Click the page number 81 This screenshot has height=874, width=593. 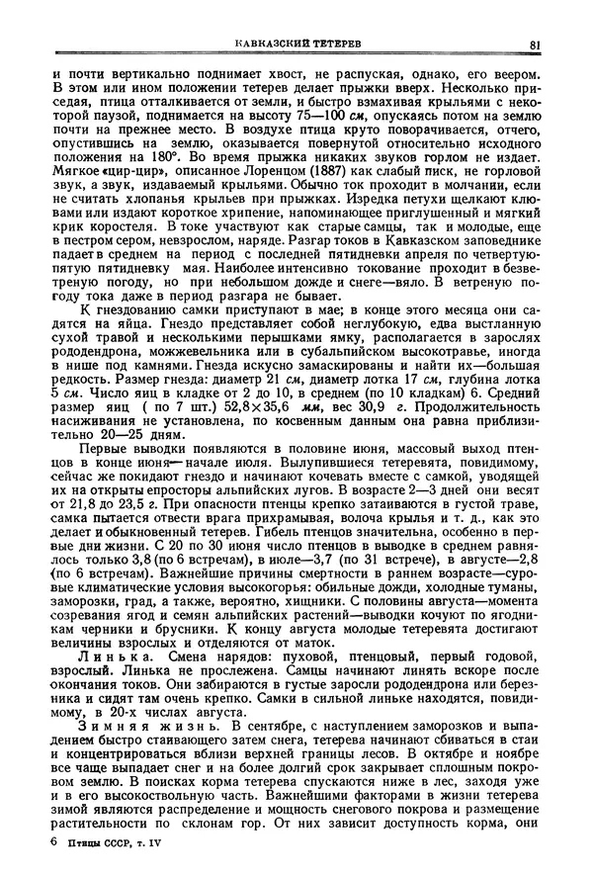point(535,44)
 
